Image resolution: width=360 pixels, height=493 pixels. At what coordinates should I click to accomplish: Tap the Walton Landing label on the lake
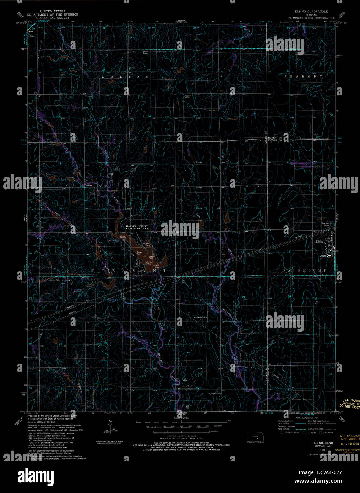pos(123,236)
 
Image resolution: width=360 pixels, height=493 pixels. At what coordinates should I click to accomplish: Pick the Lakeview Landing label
pos(148,263)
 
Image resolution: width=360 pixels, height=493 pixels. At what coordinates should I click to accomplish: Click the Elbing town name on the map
pos(320,242)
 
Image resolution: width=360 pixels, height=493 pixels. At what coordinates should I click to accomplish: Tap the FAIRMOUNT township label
pos(305,271)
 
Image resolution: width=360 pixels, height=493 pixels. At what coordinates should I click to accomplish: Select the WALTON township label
pos(124,76)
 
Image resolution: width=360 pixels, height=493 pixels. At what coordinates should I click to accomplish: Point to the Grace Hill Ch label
pos(200,317)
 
